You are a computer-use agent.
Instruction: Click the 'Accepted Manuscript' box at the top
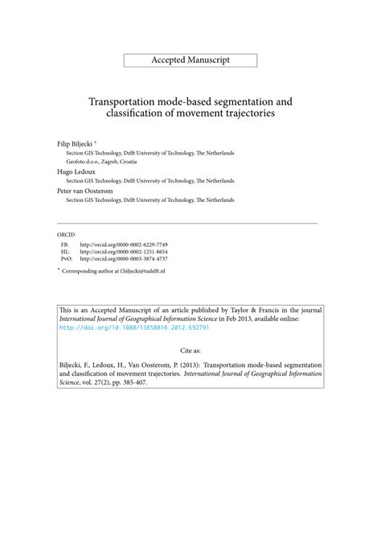point(190,60)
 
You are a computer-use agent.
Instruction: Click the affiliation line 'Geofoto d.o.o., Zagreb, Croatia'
point(100,161)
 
